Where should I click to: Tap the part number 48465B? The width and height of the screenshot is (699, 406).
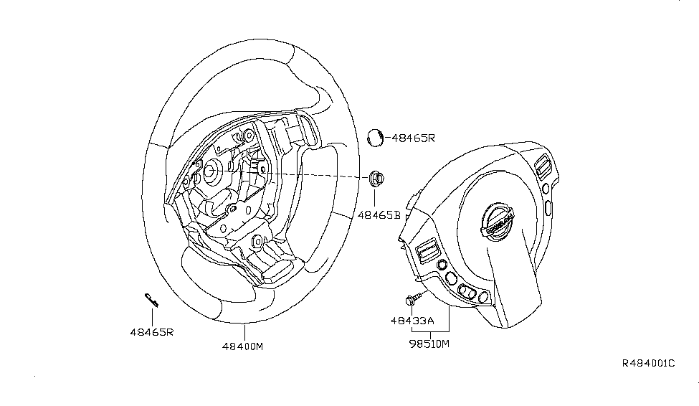381,214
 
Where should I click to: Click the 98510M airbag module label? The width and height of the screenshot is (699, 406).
429,344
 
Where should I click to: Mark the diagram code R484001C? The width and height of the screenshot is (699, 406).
647,364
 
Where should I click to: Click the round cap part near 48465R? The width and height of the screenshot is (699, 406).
376,137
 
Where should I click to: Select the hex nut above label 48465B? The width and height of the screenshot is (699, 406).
376,178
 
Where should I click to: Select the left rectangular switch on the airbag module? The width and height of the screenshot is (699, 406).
426,250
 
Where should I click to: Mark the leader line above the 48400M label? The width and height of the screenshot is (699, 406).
244,331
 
